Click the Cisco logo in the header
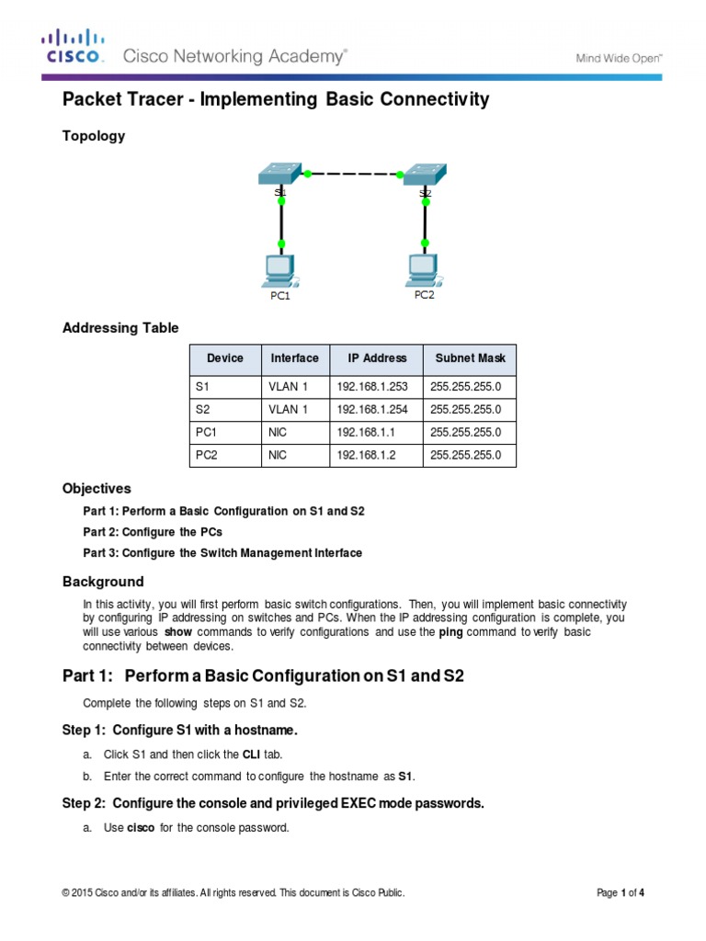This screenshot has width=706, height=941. [x=74, y=49]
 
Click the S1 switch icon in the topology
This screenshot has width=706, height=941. [x=279, y=174]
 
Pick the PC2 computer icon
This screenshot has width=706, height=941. [x=423, y=266]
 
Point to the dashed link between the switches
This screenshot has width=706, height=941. [x=353, y=173]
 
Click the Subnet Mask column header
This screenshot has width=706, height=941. [x=469, y=358]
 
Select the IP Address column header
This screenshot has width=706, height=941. [x=376, y=358]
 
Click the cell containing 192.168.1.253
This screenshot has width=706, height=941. [x=371, y=387]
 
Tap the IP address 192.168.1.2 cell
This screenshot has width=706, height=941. [x=365, y=455]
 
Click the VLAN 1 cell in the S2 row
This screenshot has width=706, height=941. [x=288, y=410]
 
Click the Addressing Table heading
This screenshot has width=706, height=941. [x=120, y=328]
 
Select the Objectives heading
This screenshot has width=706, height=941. [x=97, y=488]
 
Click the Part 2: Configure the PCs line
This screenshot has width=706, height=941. [x=153, y=532]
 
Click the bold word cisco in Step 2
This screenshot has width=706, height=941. [x=141, y=827]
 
